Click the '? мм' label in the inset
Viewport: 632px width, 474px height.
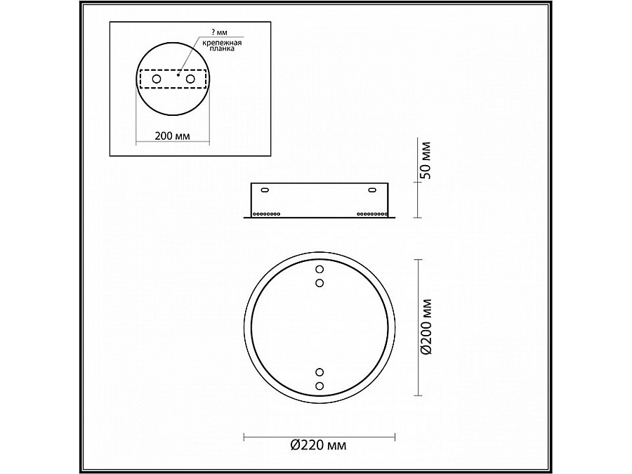coord(219,33)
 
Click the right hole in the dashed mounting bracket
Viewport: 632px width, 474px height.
coord(189,79)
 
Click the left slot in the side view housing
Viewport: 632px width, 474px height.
coord(264,189)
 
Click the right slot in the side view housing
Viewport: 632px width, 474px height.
coord(371,189)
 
